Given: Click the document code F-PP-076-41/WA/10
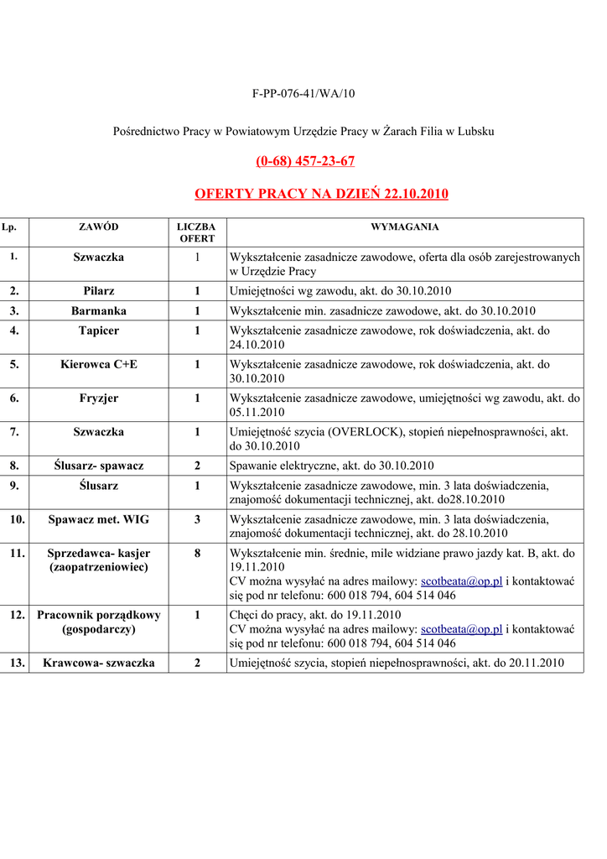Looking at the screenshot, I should click(303, 93).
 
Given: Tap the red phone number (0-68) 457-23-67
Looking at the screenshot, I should click(305, 160).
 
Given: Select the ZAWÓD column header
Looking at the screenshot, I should click(99, 226).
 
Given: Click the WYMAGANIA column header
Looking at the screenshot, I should click(405, 226).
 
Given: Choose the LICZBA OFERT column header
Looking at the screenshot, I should click(197, 232).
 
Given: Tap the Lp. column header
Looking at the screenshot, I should click(10, 226).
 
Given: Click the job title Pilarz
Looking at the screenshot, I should click(99, 291).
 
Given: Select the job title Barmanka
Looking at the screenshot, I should click(99, 310).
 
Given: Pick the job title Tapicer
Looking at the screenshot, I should click(99, 331).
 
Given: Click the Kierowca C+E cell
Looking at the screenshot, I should click(99, 364).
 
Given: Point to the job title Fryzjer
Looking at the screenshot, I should click(99, 398).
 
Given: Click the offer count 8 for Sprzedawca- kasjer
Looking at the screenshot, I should click(197, 553).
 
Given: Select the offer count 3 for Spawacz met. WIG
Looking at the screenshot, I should click(197, 519).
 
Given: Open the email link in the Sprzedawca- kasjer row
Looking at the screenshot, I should click(461, 581).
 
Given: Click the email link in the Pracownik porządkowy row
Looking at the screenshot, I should click(461, 629).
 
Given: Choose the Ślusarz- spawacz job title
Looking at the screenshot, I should click(99, 466).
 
